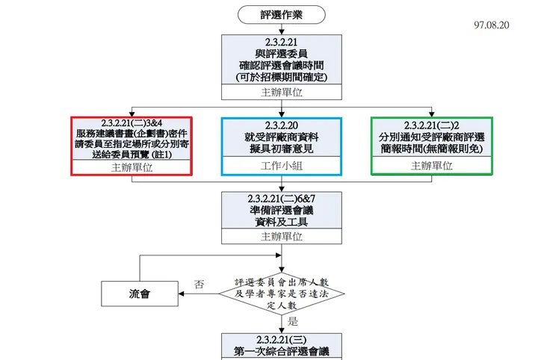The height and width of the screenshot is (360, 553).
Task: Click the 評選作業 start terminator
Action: point(282,14)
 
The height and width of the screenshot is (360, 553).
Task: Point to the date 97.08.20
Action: point(491,25)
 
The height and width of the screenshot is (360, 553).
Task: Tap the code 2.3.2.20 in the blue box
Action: point(282,124)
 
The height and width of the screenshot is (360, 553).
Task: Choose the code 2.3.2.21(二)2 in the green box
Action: point(431,124)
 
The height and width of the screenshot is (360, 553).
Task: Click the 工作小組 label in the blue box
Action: point(282,167)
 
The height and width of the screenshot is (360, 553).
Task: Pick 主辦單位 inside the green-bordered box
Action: point(431,167)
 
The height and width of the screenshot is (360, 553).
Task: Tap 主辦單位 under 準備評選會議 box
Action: point(282,236)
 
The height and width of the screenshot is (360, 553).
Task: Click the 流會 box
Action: point(140,294)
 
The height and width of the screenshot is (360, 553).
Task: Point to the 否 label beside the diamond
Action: point(199,284)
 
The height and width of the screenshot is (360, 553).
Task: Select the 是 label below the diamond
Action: point(292,321)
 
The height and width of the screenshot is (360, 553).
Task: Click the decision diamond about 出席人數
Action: point(282,294)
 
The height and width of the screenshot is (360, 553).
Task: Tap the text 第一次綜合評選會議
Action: point(282,351)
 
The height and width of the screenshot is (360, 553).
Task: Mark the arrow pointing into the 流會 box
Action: point(183,294)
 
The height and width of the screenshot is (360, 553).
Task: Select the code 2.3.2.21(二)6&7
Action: point(282,198)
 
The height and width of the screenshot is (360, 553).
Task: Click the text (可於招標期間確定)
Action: point(282,77)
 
